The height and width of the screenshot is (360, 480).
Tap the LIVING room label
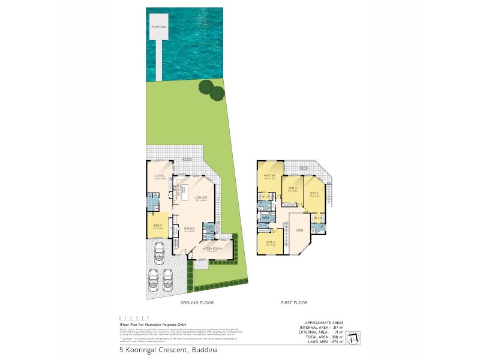159,175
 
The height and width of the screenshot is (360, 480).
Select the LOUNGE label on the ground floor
201,197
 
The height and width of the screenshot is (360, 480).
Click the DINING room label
189,229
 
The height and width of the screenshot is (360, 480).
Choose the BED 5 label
157,225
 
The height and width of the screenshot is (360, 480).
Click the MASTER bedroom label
268,175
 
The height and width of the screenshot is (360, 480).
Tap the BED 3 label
292,189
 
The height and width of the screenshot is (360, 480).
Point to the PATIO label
187,159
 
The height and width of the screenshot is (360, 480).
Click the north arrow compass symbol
355,334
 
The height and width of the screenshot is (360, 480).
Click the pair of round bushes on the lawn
211,91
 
